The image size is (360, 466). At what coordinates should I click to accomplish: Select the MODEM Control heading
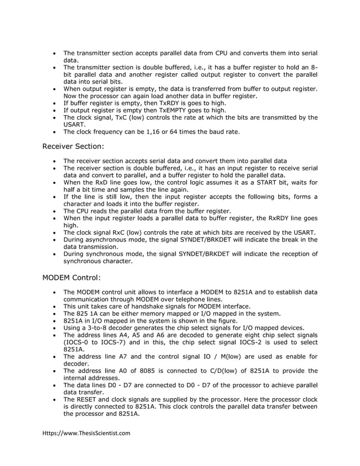coord(72,278)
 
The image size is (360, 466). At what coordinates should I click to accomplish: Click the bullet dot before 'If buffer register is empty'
coord(54,104)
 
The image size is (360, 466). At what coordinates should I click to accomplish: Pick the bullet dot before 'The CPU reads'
coord(54,211)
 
